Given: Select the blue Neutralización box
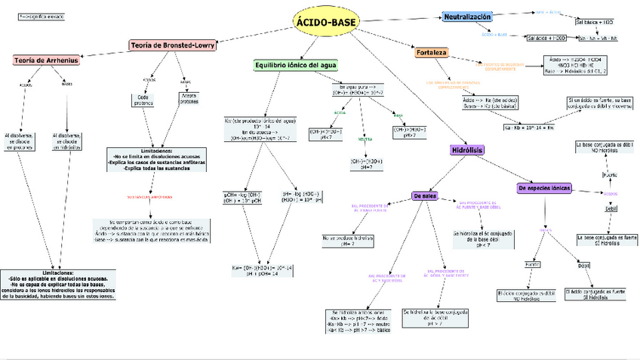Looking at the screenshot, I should point(468,17).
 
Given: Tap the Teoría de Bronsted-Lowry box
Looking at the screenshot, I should point(173,45).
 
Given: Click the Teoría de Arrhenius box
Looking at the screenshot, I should point(46,60).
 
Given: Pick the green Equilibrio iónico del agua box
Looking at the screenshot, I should point(300,65).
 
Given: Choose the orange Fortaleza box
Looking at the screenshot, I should point(432,54).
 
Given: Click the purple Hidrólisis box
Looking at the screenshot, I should point(466,151).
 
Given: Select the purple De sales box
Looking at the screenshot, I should point(426,196).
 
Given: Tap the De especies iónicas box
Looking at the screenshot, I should point(544,187).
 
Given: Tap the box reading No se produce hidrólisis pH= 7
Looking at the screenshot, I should point(346,241).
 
